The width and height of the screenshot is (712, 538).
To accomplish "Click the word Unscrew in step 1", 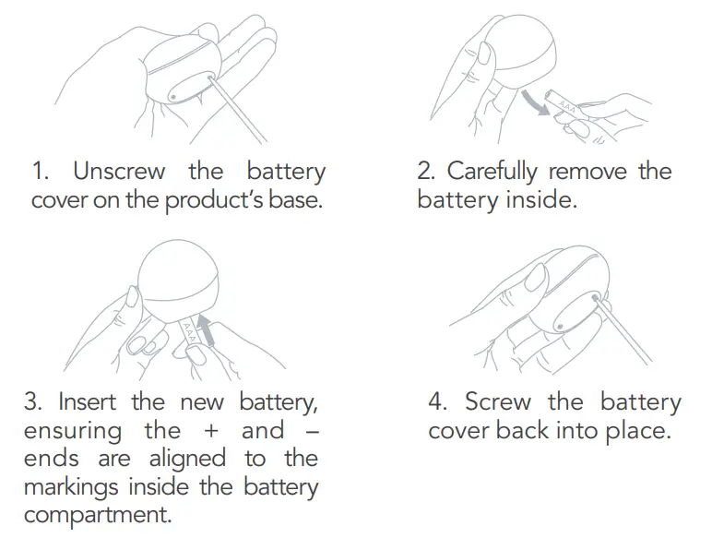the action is point(119,171).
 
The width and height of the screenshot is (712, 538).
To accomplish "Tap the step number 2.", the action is point(425,172).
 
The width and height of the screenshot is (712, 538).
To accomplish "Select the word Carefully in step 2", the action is point(492,173).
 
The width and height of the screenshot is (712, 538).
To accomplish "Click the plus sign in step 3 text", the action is point(210,431).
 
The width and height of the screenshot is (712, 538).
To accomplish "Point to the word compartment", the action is point(97,515).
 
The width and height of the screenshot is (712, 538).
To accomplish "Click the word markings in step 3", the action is point(70,487).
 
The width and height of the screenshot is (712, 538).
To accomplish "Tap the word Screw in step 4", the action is point(498,401).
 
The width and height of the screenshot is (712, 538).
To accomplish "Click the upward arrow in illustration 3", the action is point(207,329).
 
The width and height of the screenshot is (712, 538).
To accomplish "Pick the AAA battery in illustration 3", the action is point(189,332).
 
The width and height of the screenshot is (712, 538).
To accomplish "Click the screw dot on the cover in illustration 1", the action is point(173,97).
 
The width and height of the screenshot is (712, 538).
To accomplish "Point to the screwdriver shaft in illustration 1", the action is point(237,110).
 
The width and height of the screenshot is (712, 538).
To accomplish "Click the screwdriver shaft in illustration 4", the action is point(623,328).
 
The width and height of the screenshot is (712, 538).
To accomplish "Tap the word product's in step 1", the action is point(213,200).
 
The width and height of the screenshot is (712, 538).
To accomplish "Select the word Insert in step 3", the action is point(88,401).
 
